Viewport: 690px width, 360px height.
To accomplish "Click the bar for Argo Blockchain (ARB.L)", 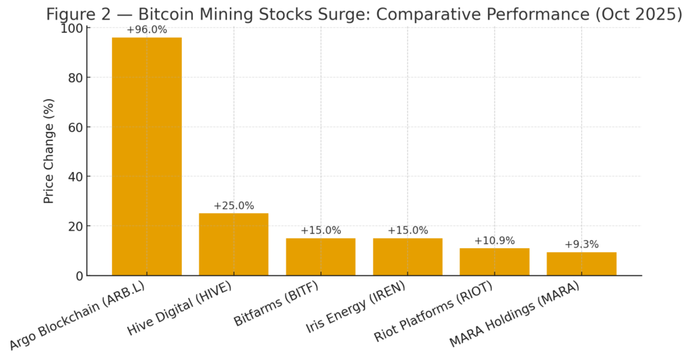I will coord(146,156).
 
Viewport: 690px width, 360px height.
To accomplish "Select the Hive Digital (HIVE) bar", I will coord(233,244).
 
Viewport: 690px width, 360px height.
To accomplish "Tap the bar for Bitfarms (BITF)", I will coord(320,257).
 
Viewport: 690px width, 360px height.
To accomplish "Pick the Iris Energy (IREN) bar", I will coord(407,257).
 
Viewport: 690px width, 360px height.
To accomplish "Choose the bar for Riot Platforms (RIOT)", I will coord(494,262).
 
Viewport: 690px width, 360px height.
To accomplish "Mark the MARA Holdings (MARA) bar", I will coord(581,264).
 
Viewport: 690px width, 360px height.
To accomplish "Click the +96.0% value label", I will coord(146,30).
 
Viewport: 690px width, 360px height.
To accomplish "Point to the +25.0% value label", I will coord(233,206).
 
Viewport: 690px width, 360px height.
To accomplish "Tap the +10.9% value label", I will coord(494,241).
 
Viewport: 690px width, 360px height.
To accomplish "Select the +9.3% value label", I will coord(581,244).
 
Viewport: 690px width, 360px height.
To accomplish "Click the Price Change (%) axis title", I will coord(49,151).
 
